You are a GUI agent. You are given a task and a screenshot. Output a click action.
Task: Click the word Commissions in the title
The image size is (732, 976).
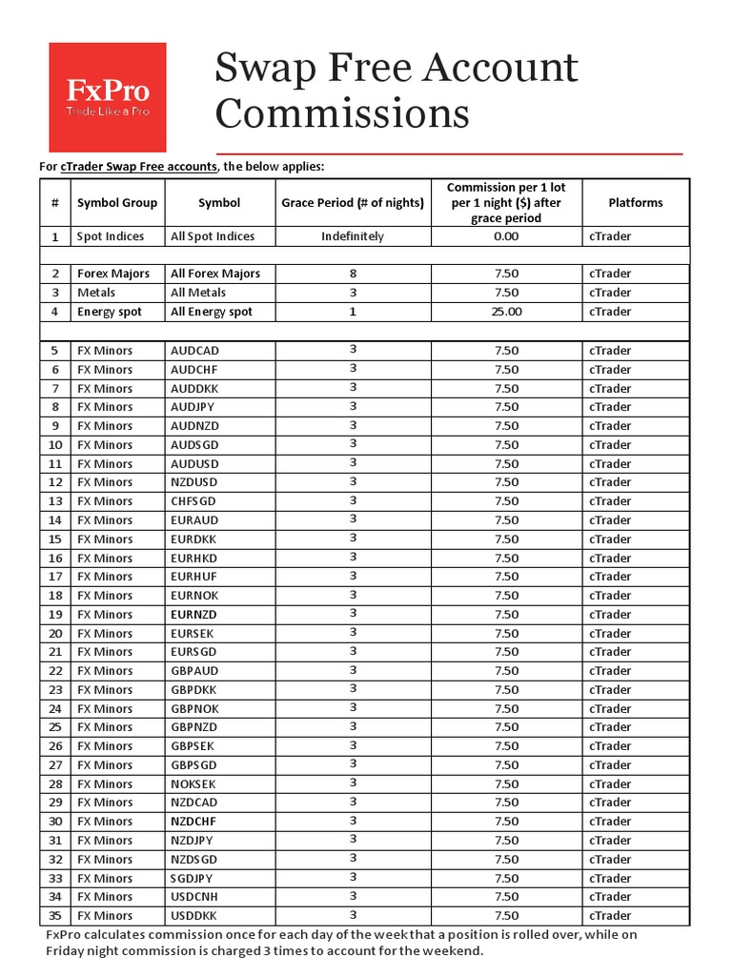[341, 114]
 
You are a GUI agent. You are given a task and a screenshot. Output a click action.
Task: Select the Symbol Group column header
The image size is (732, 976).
[117, 203]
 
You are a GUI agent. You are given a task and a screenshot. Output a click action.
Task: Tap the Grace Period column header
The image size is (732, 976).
[353, 203]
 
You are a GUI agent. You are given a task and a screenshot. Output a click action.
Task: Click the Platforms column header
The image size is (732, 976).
[635, 203]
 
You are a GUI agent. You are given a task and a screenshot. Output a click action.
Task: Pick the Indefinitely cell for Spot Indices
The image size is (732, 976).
[353, 236]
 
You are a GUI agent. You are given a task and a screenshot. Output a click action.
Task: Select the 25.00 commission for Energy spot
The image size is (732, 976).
[506, 312]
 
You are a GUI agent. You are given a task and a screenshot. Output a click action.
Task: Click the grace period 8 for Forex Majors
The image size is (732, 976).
[353, 274]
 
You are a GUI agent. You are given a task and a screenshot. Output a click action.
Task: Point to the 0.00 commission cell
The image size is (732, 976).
[506, 236]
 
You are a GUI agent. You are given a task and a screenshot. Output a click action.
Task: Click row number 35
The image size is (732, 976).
[55, 916]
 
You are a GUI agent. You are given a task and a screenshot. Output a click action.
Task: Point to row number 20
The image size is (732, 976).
[55, 633]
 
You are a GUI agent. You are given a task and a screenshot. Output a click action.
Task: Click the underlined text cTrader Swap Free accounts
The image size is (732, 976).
[139, 167]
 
